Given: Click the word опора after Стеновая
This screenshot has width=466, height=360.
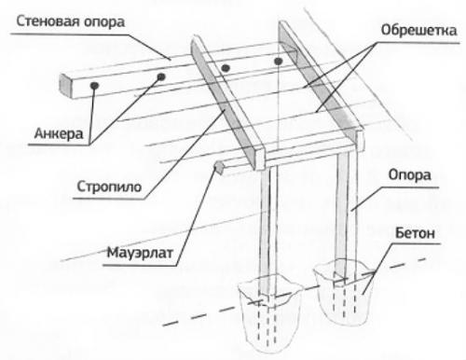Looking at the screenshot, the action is (x=103, y=22).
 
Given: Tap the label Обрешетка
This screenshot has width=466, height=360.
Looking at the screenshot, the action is (x=418, y=31).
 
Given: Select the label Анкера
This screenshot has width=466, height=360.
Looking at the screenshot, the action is (x=59, y=133).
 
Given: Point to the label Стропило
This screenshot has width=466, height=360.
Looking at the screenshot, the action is (x=109, y=187).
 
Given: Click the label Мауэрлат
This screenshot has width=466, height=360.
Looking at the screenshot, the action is (x=140, y=252).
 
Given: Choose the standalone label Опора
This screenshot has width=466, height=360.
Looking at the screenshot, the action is (x=409, y=175).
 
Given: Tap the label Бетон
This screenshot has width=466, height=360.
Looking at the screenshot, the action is (x=415, y=233).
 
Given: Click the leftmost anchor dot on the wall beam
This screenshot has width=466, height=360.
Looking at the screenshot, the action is (x=94, y=85).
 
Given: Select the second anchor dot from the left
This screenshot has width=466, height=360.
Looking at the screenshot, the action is (x=161, y=76).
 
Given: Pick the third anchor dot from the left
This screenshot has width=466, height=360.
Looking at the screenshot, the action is (x=226, y=67).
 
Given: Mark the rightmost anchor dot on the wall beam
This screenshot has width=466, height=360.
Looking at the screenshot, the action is (x=278, y=62).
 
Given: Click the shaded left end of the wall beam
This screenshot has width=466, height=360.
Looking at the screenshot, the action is (x=65, y=85).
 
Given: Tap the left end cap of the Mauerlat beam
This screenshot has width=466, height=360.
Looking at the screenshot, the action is (x=219, y=168).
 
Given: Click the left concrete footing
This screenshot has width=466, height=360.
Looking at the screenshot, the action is (x=269, y=313).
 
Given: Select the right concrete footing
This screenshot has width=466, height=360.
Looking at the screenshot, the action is (x=342, y=291).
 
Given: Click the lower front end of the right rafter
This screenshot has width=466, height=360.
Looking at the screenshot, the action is (x=360, y=140).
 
